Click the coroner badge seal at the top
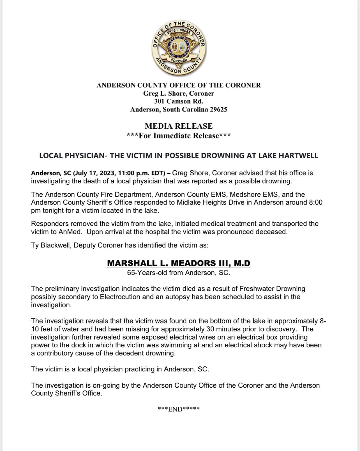click(x=179, y=47)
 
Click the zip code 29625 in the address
click(x=218, y=109)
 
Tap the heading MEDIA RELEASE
click(x=179, y=126)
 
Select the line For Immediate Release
click(x=179, y=136)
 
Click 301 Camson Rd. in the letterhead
click(x=179, y=101)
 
